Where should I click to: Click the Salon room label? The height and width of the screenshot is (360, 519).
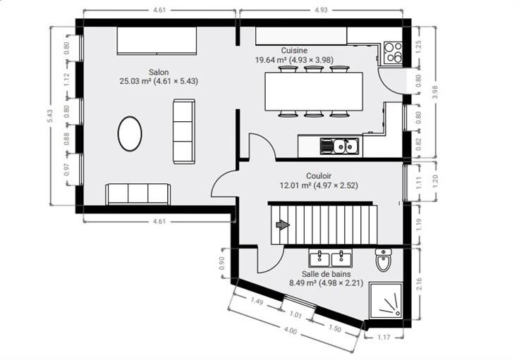pos(159,72)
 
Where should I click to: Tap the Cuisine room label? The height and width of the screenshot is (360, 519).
pos(294,51)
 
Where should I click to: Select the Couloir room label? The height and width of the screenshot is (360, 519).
pos(319,176)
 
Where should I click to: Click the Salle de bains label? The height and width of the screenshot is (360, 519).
pos(326,274)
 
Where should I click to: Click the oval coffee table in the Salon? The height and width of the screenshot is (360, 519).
pos(130,134)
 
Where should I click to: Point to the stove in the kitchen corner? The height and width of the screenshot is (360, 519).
pos(393,53)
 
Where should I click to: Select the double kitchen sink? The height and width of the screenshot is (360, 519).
pos(339,146)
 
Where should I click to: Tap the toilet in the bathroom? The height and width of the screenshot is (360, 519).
pos(384,260)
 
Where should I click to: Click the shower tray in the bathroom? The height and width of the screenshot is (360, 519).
pos(386,301)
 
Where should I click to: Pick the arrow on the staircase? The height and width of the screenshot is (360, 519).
pos(283,225)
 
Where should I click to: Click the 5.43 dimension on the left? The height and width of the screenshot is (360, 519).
pos(50,116)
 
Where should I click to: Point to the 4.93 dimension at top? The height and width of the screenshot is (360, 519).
pos(321,10)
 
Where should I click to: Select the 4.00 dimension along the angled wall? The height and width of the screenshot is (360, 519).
pos(291,330)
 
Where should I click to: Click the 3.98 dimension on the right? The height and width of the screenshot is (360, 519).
pos(435,92)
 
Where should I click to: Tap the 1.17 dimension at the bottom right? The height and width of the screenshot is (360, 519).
pos(384,337)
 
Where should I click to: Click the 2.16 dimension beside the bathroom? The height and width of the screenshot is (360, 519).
pos(419,285)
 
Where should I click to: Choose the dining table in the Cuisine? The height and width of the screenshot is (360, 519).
pos(314,92)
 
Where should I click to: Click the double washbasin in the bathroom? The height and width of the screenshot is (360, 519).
pos(331,258)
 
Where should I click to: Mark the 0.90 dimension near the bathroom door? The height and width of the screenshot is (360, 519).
pos(222,263)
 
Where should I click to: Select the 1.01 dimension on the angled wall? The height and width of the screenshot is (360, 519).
pos(295,314)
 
